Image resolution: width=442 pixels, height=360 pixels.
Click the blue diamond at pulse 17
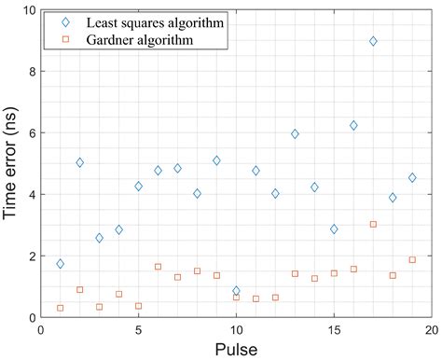373,41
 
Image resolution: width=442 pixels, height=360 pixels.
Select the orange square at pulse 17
373,224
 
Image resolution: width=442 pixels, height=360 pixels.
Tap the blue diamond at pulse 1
61,264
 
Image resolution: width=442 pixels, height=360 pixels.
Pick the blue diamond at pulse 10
236,291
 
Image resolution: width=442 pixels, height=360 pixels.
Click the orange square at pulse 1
61,308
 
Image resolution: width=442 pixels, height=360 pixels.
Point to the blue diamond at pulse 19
412,177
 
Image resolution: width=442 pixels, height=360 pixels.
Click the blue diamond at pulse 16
353,125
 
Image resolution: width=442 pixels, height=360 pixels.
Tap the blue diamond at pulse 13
295,134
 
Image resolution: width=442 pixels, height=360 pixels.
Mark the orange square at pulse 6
158,267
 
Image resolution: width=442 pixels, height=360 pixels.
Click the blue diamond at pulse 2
80,162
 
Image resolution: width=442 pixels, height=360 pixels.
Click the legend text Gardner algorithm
136,40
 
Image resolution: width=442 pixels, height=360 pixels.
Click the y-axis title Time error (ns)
10,163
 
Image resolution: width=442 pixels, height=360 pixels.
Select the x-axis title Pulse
236,349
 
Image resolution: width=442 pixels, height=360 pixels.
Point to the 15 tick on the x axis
334,329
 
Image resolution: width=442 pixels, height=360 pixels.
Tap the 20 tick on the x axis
431,329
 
